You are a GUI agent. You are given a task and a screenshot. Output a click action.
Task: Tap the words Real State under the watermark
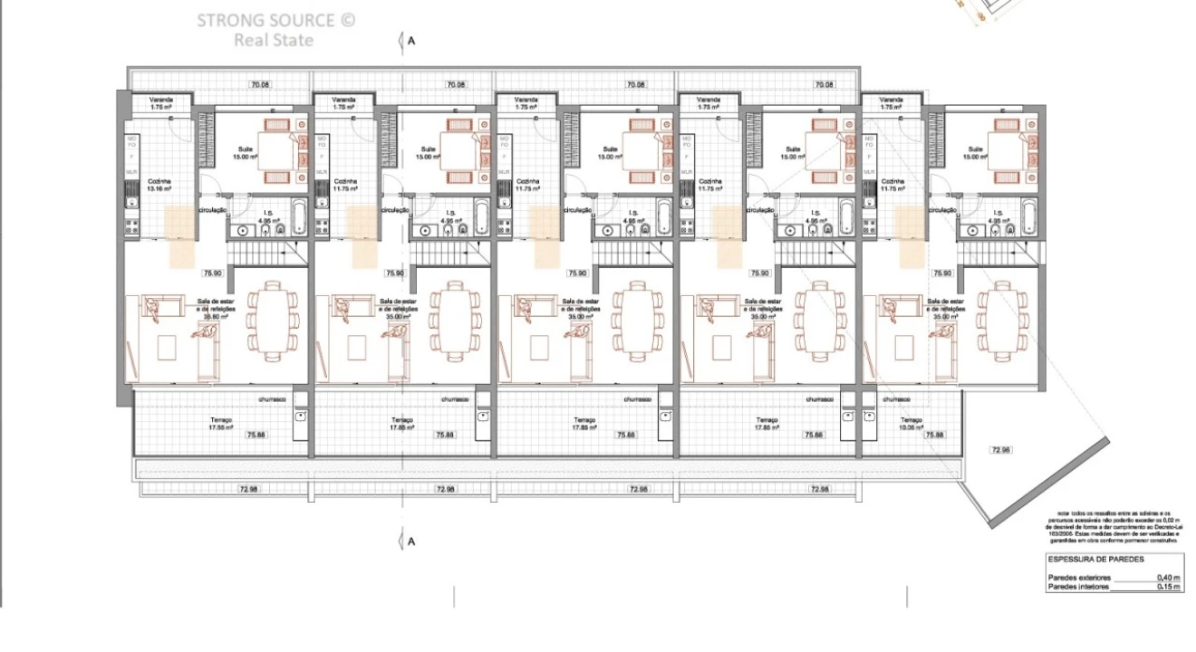(273, 40)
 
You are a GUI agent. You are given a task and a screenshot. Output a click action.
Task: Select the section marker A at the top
(410, 41)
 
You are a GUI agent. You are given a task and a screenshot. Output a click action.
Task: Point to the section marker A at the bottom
(410, 542)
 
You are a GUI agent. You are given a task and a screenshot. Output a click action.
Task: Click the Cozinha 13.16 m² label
(159, 185)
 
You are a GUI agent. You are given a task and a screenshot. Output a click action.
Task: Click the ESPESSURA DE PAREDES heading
(1095, 560)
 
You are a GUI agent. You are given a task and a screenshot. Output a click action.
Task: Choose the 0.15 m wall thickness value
(1168, 587)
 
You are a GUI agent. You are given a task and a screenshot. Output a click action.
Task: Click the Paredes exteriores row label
(1078, 577)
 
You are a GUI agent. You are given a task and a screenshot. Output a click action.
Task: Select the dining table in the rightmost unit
(1002, 317)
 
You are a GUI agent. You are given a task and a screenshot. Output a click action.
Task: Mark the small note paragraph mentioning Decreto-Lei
(1114, 525)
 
